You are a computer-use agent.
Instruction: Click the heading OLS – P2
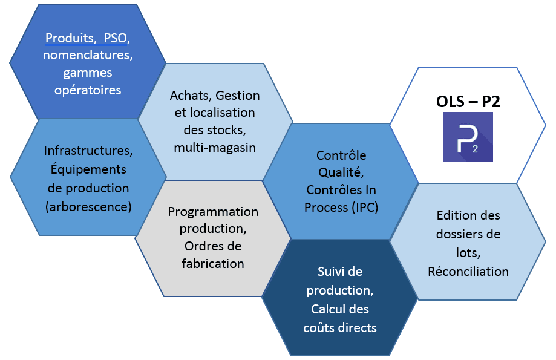(x=468, y=101)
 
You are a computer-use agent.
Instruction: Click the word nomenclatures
(x=87, y=56)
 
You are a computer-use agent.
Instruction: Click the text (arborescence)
(x=88, y=206)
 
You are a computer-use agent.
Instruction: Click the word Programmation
(x=213, y=212)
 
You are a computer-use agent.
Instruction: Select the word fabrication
(x=213, y=264)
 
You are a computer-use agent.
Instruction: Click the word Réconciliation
(x=468, y=271)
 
